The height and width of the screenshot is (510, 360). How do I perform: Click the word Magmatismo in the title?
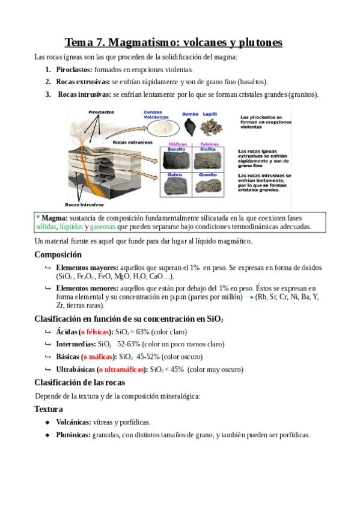(144, 42)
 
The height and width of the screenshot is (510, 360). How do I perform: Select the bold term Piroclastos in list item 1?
(74, 70)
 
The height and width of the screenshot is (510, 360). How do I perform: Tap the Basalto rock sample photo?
(175, 161)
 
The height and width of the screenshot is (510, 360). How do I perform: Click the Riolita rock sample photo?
(207, 161)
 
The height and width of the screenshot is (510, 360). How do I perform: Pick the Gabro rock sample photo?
(175, 186)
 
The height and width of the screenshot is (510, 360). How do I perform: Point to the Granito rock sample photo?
(208, 186)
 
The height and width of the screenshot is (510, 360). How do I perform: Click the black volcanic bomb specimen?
(190, 127)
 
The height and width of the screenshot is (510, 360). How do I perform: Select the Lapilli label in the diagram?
(210, 114)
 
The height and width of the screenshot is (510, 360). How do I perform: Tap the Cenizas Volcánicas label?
(156, 114)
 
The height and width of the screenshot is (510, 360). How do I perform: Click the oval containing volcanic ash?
(163, 127)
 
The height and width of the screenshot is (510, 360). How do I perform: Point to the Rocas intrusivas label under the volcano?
(84, 204)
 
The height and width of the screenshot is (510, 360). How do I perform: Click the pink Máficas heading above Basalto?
(178, 144)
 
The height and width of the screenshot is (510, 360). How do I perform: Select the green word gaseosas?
(103, 227)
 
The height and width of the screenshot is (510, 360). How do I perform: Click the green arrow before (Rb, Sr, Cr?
(249, 297)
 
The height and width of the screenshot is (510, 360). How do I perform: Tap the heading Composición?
(58, 254)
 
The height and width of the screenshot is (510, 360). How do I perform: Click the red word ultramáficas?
(121, 369)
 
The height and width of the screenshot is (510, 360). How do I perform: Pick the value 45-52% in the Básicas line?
(148, 357)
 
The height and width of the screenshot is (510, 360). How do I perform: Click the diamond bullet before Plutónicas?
(47, 435)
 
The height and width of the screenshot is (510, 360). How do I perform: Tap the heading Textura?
(49, 409)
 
